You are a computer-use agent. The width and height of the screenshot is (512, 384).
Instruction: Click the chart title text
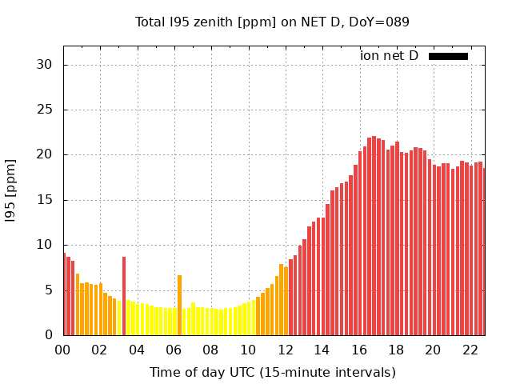(272, 22)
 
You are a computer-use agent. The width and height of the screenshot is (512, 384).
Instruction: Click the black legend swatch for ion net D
(448, 56)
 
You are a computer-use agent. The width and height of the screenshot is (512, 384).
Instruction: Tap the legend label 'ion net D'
(389, 56)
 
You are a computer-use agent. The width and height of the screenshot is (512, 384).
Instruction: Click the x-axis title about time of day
(272, 372)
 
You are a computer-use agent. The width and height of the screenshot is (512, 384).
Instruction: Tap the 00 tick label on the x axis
(62, 350)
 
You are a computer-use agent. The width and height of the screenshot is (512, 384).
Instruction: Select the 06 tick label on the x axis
(174, 350)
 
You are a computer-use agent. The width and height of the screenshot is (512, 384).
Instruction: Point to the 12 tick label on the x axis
(285, 350)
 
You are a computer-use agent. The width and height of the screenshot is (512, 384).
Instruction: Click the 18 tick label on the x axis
(396, 350)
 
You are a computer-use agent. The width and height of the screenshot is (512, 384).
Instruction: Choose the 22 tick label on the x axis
(470, 350)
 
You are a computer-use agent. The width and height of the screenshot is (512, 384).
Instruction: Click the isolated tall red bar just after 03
(124, 296)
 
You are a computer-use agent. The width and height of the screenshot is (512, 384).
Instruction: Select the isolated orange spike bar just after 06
(179, 305)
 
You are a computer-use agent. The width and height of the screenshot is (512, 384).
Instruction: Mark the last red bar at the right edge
(483, 251)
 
